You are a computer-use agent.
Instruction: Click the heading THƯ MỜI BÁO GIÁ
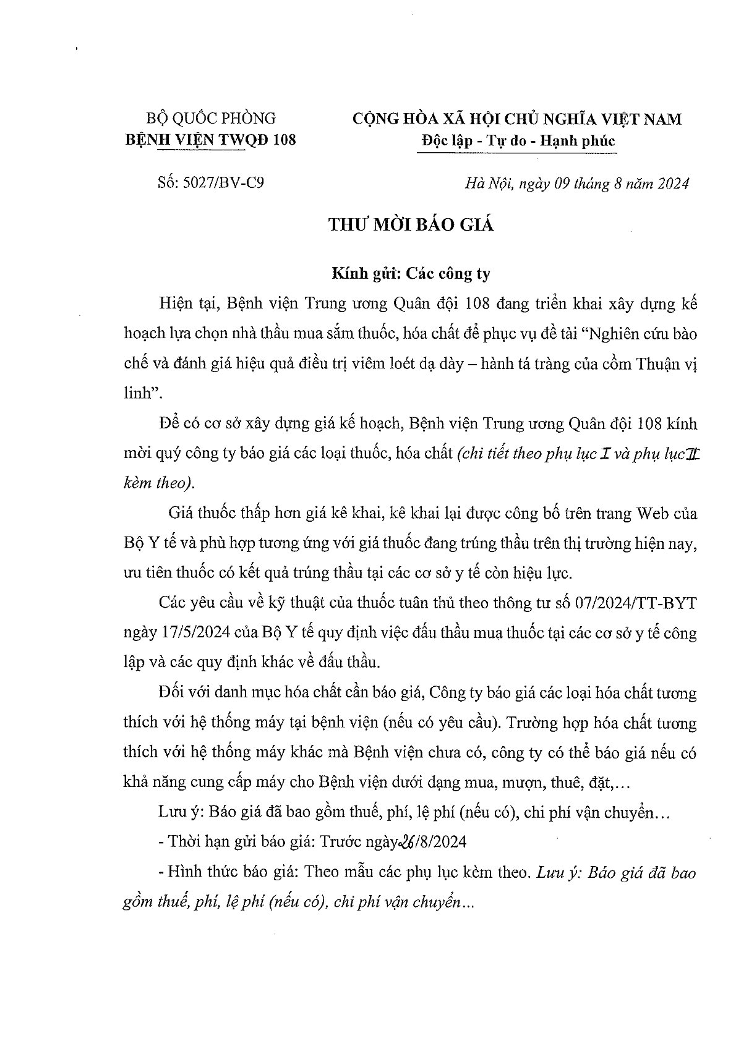point(411,226)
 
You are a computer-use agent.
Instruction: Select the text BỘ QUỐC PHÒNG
point(210,118)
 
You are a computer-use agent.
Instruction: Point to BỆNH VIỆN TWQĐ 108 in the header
point(210,140)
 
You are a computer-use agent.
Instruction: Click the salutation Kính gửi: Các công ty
point(411,273)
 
